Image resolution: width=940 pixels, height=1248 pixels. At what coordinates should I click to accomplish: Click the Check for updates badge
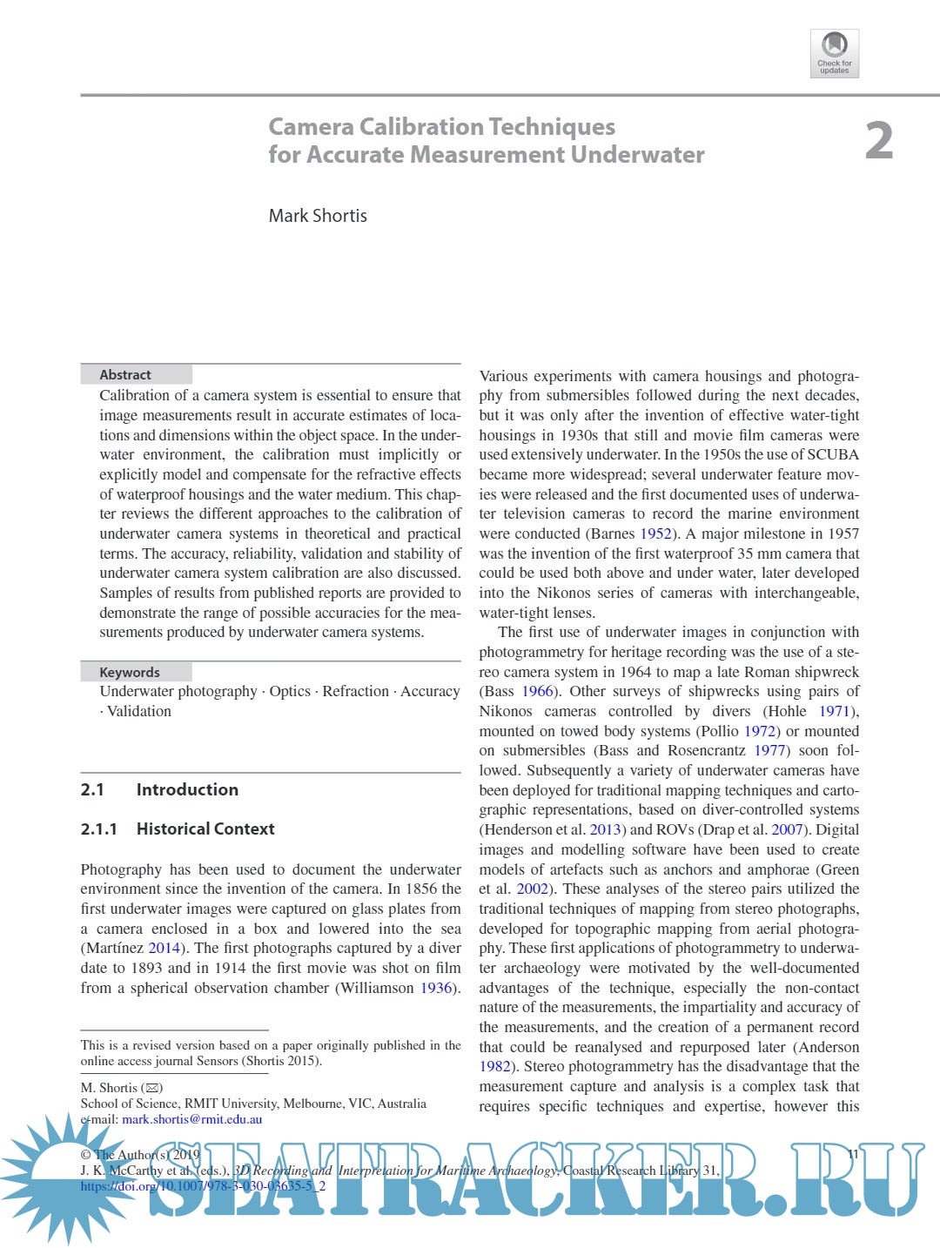834,53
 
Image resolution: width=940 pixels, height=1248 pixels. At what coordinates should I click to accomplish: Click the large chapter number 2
879,141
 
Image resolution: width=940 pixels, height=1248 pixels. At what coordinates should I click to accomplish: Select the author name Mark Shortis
318,216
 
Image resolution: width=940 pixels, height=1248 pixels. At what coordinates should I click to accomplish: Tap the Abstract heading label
125,375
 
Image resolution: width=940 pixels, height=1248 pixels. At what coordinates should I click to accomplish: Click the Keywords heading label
130,673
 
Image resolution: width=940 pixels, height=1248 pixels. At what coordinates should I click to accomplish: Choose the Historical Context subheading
205,829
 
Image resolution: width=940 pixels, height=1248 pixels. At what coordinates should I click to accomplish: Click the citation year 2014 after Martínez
164,949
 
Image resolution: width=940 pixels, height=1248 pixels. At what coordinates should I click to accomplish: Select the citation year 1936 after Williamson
436,988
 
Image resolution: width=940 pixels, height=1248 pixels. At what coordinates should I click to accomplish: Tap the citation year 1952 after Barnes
655,534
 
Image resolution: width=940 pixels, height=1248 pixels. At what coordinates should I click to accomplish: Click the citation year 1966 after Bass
537,692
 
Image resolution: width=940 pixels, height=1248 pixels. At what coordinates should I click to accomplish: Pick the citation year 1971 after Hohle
834,712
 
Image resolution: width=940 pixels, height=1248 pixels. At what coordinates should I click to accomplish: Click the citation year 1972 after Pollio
760,732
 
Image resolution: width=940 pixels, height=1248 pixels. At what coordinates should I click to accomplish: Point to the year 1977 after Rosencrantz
770,751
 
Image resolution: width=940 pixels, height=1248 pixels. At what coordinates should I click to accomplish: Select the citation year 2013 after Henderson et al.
605,830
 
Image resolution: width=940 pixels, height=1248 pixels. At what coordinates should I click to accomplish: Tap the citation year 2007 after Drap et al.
787,830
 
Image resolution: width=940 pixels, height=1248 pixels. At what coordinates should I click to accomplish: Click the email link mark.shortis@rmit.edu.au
191,1120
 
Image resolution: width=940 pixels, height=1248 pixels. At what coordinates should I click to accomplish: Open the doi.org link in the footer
203,1186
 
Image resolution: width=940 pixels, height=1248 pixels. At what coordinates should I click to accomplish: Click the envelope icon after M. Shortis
152,1089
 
